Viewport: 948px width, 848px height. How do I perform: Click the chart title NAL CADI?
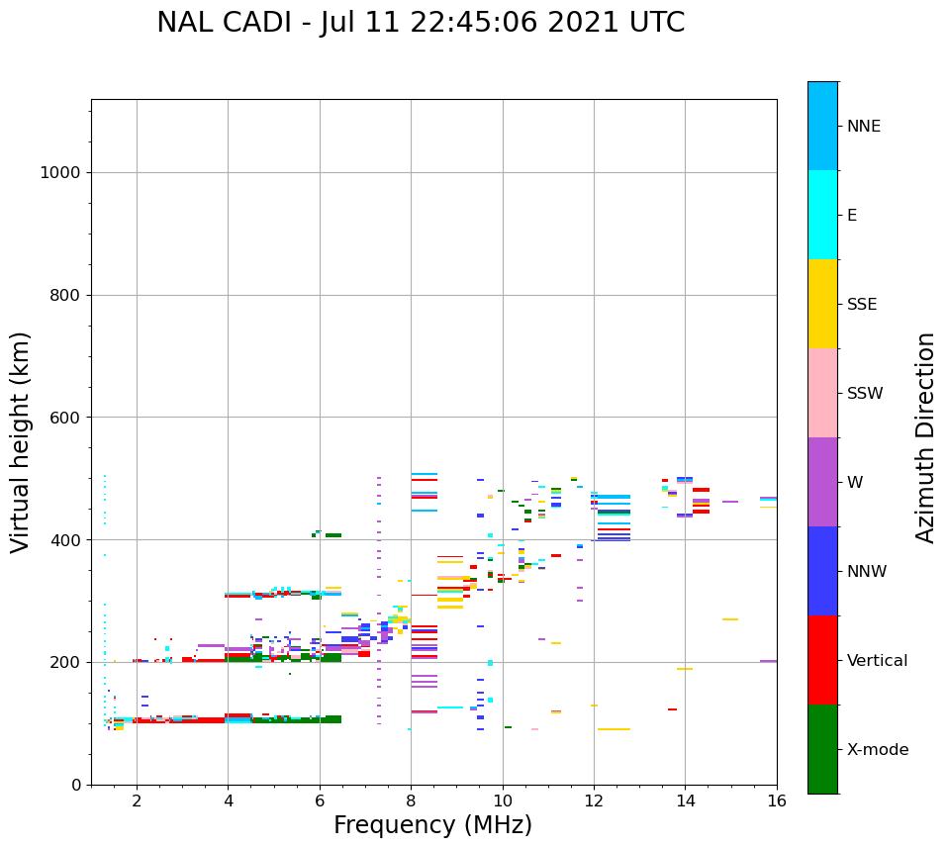pos(421,23)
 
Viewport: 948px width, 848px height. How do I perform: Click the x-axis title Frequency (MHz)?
pos(432,825)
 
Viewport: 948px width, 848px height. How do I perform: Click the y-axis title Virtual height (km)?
pos(21,441)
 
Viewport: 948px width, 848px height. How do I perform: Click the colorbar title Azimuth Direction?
pos(925,437)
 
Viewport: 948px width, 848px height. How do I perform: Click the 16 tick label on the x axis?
pos(777,801)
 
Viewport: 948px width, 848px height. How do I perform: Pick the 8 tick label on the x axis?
pos(411,801)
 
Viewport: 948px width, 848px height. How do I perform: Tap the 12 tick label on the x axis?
pos(594,801)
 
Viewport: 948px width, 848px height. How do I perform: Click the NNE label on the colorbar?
pos(863,127)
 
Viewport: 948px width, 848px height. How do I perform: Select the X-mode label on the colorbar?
pos(878,750)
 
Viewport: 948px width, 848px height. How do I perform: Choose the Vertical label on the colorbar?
pos(877,661)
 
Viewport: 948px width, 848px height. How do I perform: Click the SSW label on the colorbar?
pos(865,394)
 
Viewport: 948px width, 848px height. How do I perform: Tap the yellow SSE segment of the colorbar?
pos(822,304)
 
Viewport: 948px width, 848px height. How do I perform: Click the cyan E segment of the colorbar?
pos(822,215)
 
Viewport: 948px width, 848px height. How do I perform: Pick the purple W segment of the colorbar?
pos(822,482)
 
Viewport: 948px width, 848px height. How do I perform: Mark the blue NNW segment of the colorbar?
pos(822,571)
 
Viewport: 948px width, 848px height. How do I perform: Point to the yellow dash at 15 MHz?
pos(730,619)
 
